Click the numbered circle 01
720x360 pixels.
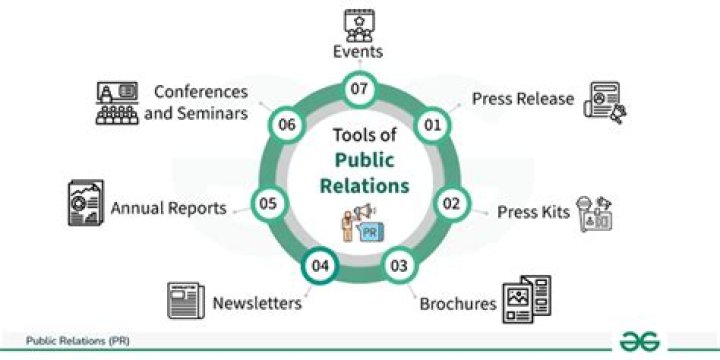(x=432, y=126)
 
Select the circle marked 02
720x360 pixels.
(x=452, y=203)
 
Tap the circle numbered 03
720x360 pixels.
(x=399, y=266)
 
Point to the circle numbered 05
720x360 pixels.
(x=267, y=203)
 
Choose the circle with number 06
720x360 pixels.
(x=288, y=126)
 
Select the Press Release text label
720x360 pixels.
(x=523, y=99)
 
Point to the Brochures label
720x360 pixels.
(x=458, y=303)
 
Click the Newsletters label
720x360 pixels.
(x=256, y=302)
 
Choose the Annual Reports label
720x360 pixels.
(x=168, y=208)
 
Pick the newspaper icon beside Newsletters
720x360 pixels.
(x=185, y=300)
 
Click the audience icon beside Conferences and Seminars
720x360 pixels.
(x=115, y=101)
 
